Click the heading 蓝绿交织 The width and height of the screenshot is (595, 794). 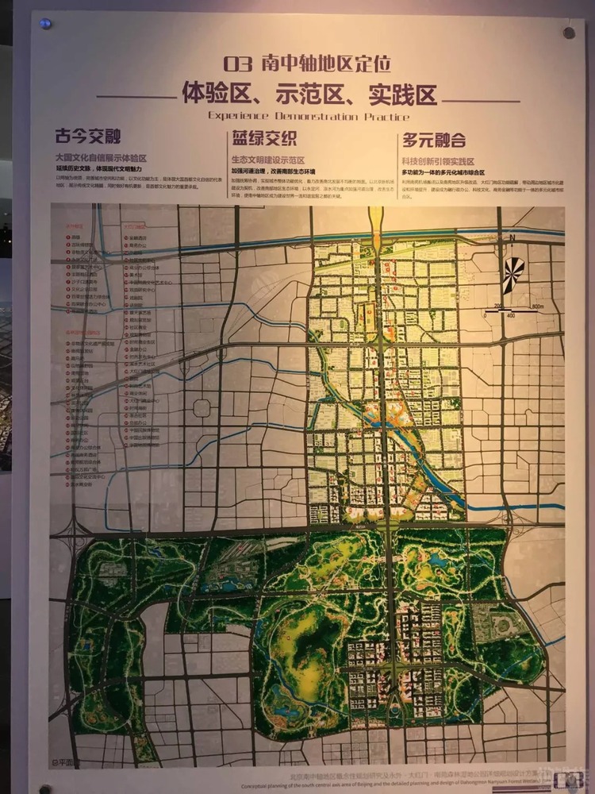coord(264,139)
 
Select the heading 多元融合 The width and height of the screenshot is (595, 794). coord(434,140)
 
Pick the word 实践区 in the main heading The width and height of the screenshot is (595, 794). coord(403,94)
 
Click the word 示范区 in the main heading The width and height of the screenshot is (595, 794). coord(309,94)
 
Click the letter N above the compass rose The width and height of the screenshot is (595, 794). coord(513,238)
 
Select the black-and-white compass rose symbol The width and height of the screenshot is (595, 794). coord(513,270)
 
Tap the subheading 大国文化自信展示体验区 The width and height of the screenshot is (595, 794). coord(101,159)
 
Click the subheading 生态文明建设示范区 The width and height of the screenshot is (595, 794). coord(268,160)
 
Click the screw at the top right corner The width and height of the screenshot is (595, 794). coord(569,33)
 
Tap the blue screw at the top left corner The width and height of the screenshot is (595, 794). coord(45,23)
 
